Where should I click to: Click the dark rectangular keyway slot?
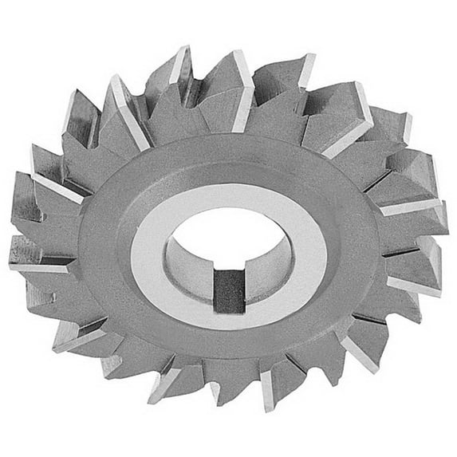coord(229,289)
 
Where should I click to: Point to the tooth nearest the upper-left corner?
coord(84,116)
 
